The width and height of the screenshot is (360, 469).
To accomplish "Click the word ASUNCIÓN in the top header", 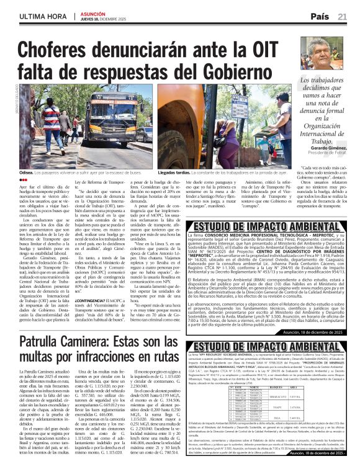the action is (91, 13).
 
